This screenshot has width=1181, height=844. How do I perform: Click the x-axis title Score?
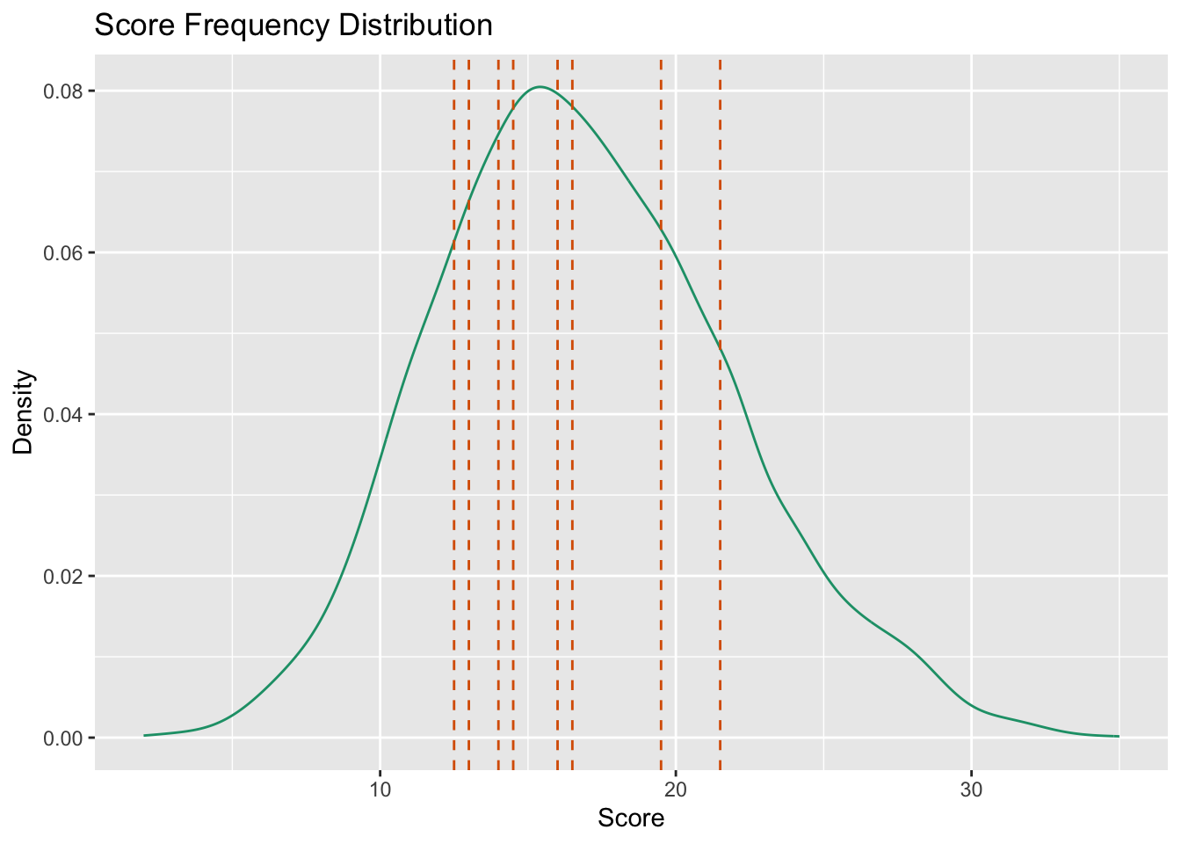pyautogui.click(x=631, y=819)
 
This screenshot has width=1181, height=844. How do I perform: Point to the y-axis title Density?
pyautogui.click(x=24, y=412)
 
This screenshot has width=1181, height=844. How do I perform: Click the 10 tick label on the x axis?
pyautogui.click(x=380, y=786)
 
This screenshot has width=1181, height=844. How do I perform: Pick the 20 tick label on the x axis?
pyautogui.click(x=675, y=786)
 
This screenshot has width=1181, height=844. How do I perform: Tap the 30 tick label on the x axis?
pyautogui.click(x=971, y=786)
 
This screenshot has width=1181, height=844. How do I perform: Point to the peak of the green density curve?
pyautogui.click(x=540, y=87)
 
